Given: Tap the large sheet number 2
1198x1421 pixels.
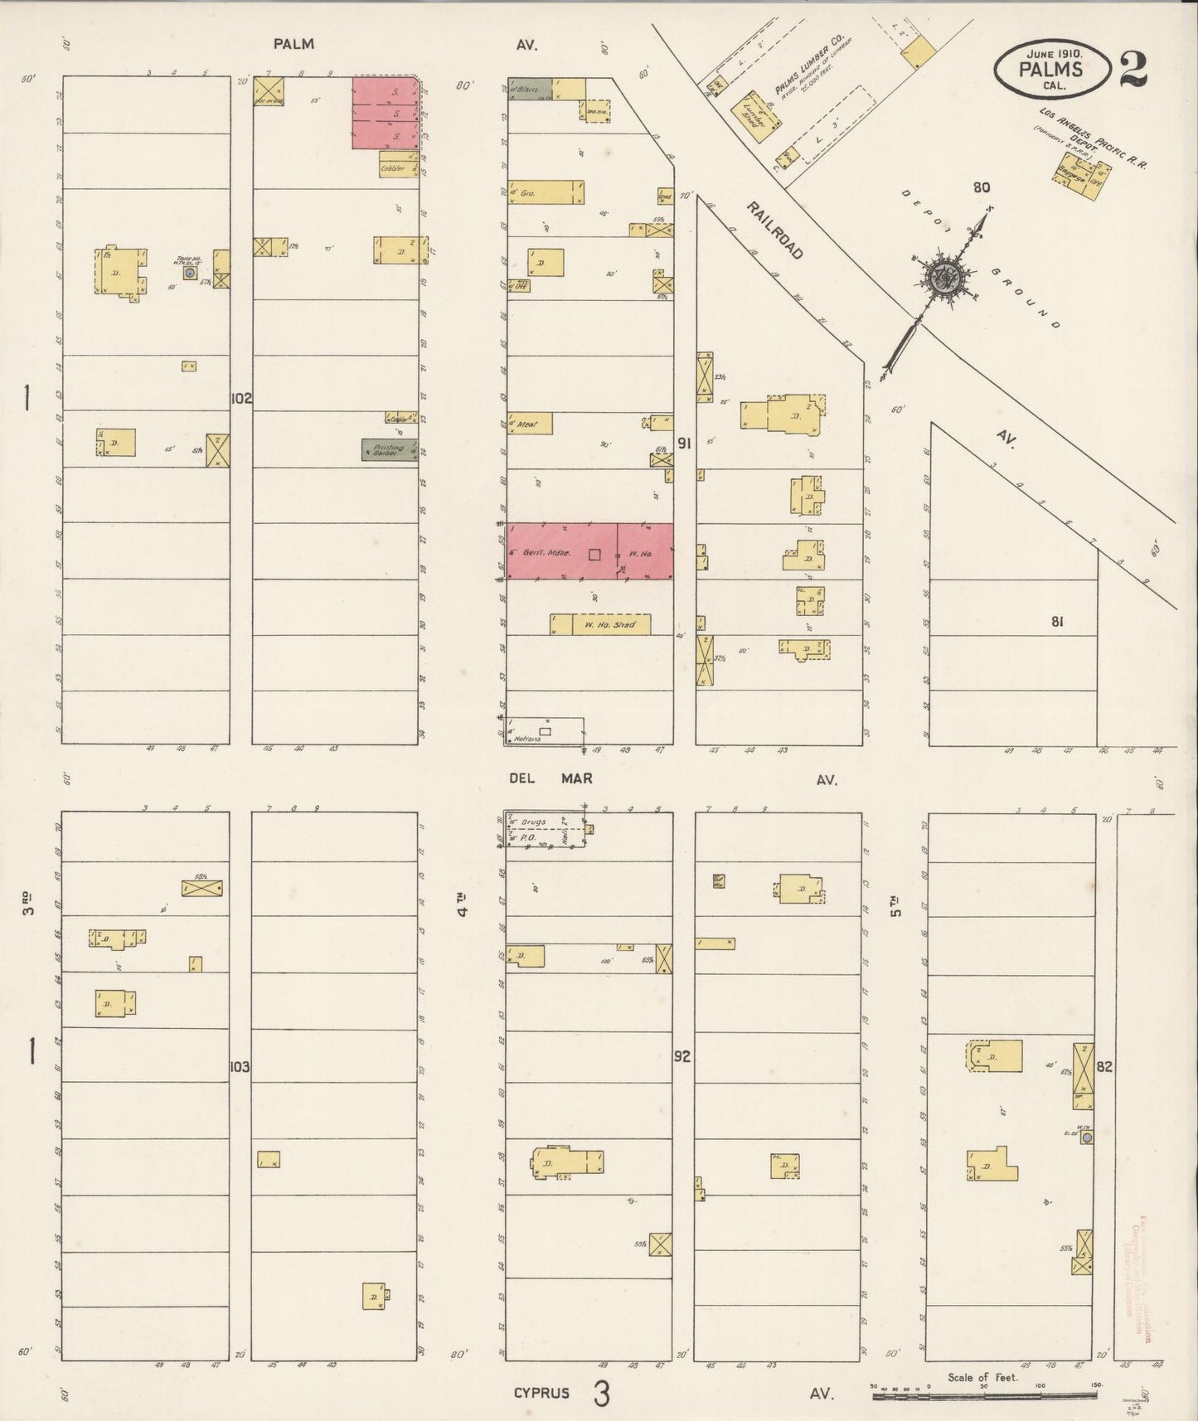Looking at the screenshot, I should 1133,70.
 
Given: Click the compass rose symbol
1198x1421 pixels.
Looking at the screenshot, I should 943,275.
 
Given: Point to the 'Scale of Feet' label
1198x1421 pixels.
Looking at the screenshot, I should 982,1377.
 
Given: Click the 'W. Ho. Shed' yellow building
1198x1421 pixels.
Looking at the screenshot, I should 599,624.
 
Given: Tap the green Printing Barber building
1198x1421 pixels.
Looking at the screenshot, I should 389,450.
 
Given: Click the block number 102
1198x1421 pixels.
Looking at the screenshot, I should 241,398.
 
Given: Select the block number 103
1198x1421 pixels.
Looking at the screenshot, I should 240,1066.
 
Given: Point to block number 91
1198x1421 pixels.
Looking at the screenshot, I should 684,443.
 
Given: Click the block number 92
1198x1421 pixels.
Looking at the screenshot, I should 682,1057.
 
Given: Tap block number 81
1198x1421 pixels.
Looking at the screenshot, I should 1056,622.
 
